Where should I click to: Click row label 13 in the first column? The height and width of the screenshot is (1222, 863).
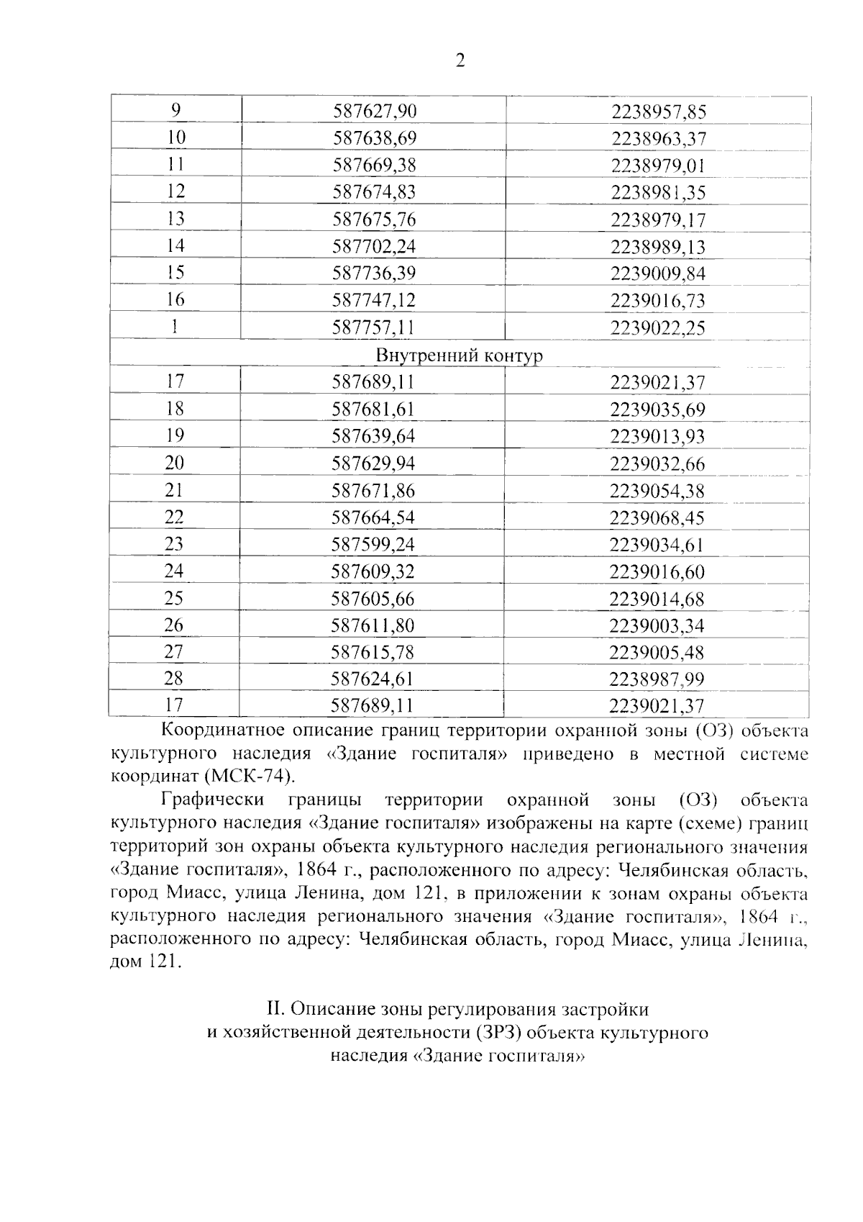(175, 218)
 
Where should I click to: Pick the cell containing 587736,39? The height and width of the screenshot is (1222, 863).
(374, 273)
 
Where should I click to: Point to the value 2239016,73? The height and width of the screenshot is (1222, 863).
(658, 301)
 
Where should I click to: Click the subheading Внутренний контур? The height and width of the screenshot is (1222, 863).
(459, 356)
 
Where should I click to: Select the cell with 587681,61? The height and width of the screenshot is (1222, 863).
(373, 409)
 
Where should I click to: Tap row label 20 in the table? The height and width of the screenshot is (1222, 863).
(175, 463)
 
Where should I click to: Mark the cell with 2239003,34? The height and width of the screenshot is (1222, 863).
(657, 625)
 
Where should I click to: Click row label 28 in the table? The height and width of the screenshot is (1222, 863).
(174, 678)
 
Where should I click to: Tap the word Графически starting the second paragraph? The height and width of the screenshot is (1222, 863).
(212, 800)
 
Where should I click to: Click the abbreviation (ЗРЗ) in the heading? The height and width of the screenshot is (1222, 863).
(501, 1033)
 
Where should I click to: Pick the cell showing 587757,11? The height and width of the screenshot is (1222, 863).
(373, 328)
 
